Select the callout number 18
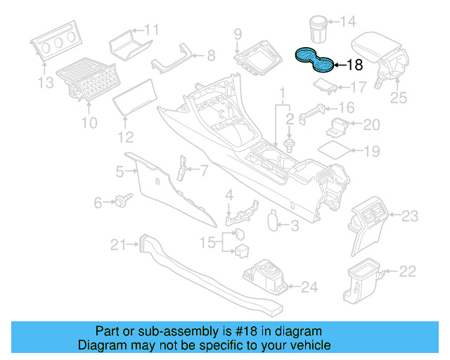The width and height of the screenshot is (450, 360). point(354,65)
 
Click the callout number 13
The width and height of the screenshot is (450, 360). point(45,85)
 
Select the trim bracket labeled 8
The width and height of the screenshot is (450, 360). point(171,59)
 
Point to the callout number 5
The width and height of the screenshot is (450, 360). point(120,171)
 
